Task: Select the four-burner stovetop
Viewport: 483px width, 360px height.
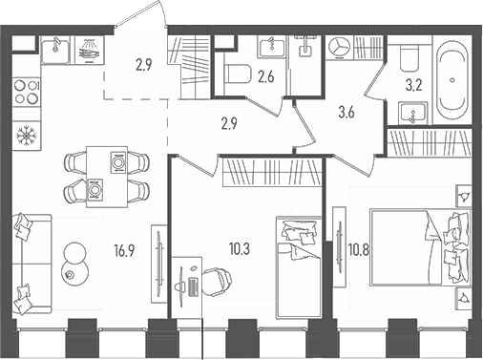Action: click(x=25, y=95)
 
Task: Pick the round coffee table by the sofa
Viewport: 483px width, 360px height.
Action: click(x=73, y=262)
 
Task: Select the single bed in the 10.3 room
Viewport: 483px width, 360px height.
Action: click(x=298, y=264)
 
